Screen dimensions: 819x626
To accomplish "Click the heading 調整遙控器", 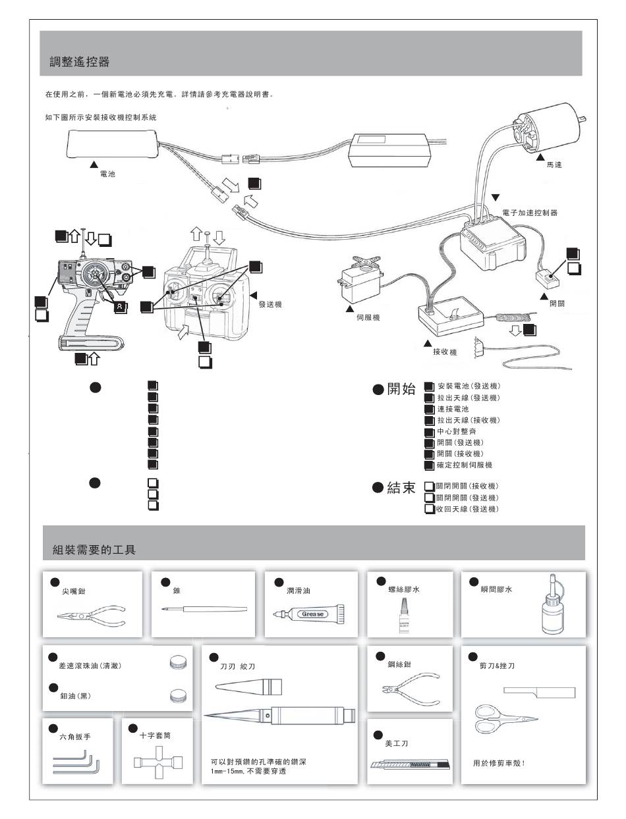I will coord(80,62).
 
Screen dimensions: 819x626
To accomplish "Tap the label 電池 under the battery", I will coord(107,176).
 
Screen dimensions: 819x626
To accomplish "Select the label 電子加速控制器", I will coord(530,213).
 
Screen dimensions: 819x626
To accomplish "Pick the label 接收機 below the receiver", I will coord(445,353).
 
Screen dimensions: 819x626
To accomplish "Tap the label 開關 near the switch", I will coord(556,304).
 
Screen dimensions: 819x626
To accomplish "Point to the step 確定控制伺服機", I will coord(465,465).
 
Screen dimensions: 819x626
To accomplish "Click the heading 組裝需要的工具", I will coord(94,549).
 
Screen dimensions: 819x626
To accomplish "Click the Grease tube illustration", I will coord(308,614).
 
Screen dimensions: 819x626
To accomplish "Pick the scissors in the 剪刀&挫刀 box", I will coord(503,717).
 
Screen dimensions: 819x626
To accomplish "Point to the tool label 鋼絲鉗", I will coord(399,665).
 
